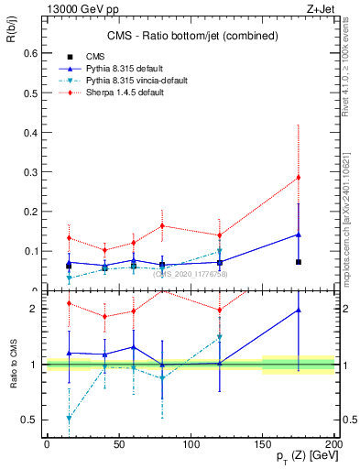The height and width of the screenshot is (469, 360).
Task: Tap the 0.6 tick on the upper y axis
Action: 32,53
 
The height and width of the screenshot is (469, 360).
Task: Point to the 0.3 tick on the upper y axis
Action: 32,171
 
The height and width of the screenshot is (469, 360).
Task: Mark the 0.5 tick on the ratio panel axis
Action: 32,420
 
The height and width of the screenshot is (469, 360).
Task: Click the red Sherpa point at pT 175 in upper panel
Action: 299,177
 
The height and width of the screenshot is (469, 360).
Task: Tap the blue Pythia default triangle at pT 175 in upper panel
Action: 299,234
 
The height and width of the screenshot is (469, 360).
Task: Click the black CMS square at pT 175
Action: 299,262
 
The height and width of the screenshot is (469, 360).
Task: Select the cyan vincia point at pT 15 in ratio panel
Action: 69,418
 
